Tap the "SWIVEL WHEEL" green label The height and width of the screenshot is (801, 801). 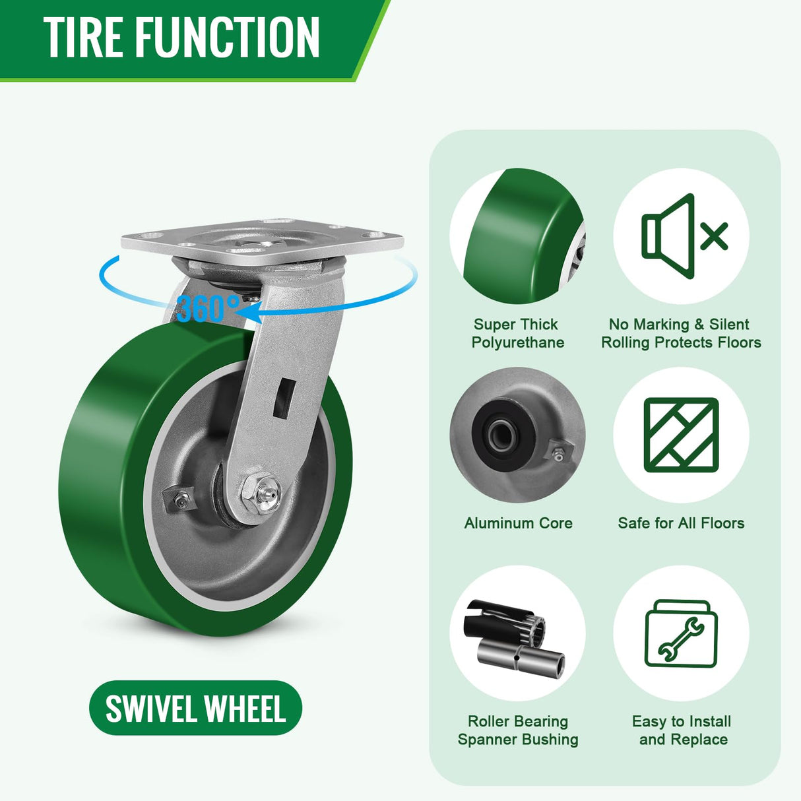(195, 709)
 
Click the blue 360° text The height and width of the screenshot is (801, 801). (208, 308)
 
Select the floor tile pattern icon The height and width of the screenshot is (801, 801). (681, 435)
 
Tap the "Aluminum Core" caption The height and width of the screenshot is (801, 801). (518, 523)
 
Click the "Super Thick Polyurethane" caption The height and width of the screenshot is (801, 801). (517, 333)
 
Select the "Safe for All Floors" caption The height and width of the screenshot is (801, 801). (681, 523)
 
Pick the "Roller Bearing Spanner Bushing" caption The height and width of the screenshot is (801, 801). (518, 730)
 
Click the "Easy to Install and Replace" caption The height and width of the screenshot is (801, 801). (682, 730)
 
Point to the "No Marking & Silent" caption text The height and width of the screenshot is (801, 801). (679, 325)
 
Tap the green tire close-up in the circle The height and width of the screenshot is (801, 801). (518, 238)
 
